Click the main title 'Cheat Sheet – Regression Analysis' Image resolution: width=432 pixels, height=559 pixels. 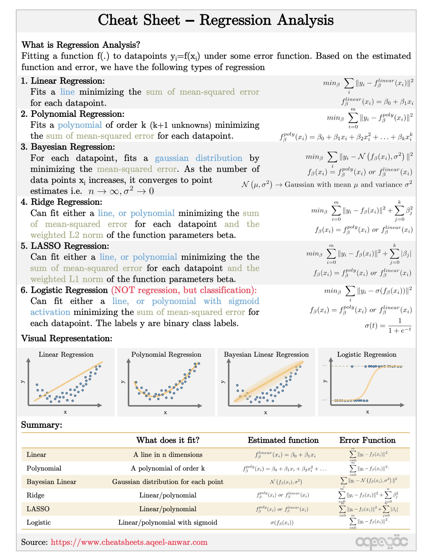(216, 20)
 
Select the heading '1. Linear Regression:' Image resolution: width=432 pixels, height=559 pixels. (63, 81)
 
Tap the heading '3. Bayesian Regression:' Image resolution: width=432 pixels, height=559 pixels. (68, 147)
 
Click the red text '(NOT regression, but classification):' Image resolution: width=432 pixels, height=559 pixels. (184, 290)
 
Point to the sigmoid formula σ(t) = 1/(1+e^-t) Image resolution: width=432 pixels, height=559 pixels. (388, 326)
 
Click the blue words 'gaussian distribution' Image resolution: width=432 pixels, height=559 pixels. (198, 158)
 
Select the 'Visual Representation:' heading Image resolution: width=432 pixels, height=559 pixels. (67, 338)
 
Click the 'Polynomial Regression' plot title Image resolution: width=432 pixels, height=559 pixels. (166, 354)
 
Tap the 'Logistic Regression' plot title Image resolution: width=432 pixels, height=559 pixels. (366, 354)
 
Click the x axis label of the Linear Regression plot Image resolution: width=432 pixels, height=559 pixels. (65, 412)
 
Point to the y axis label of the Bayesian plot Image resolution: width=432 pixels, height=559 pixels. (223, 382)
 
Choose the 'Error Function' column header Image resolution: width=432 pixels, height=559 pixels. (367, 440)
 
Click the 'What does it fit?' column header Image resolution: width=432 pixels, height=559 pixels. (168, 440)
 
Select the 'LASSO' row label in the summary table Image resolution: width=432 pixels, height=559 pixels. (38, 509)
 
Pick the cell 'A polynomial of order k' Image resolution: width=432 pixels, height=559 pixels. (168, 468)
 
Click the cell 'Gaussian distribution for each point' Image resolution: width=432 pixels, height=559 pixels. (168, 482)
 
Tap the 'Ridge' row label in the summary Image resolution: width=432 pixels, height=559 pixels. (35, 495)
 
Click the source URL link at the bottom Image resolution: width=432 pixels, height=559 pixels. (129, 542)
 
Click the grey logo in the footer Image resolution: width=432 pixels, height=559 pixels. (381, 542)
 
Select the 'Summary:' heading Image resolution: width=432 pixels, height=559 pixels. (42, 425)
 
